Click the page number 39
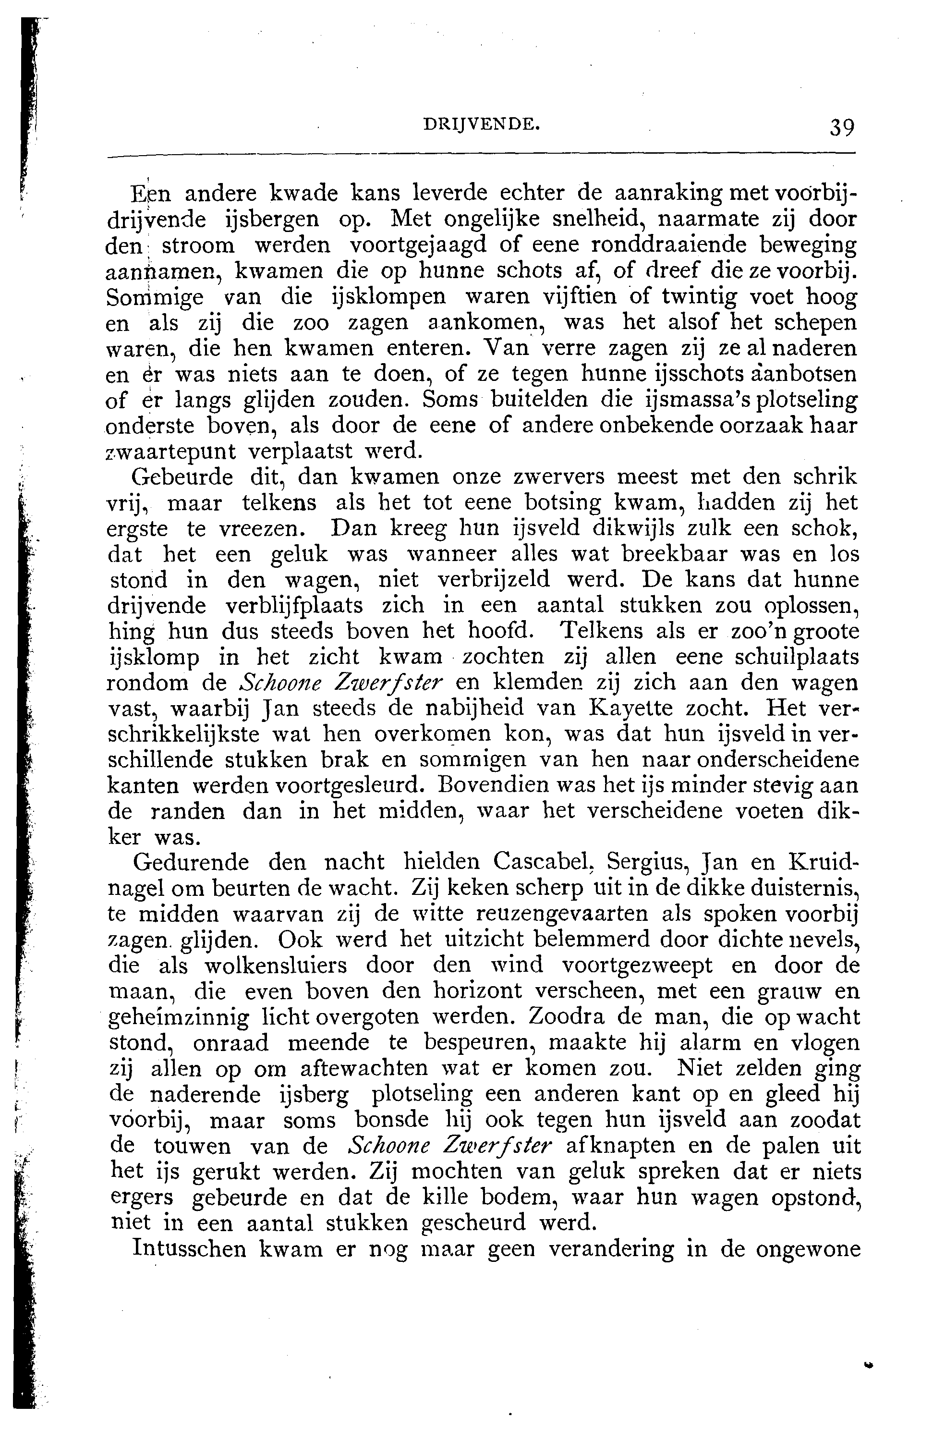pos(841,127)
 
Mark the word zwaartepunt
pos(170,451)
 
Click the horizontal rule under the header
pos(481,158)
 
